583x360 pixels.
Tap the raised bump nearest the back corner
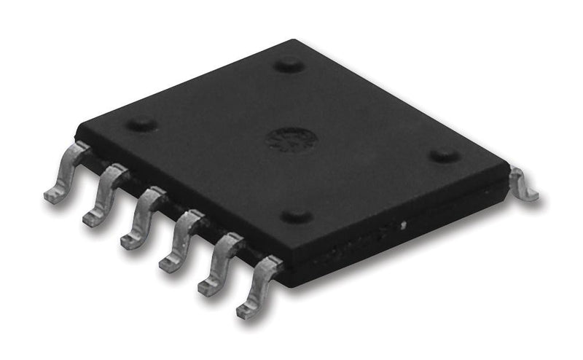[289, 65]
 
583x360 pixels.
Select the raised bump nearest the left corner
[141, 124]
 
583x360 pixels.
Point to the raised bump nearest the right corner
[443, 155]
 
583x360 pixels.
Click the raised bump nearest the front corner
[297, 216]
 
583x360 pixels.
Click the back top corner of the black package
[293, 41]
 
